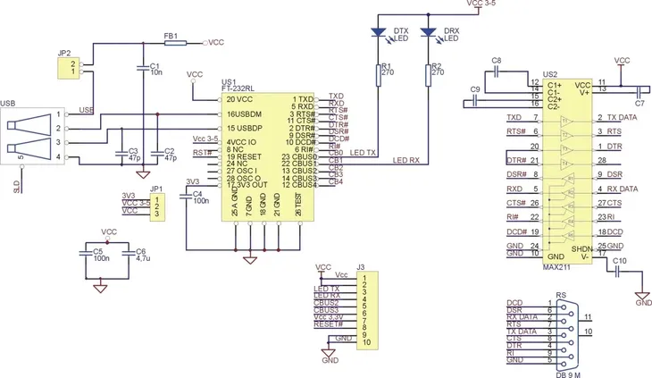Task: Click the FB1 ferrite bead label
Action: click(x=171, y=36)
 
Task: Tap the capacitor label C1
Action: click(x=155, y=65)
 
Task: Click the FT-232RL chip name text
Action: click(x=238, y=88)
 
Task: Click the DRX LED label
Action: click(x=451, y=31)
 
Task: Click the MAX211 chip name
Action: click(x=556, y=265)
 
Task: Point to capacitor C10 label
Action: click(x=620, y=260)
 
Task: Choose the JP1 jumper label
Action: click(x=156, y=189)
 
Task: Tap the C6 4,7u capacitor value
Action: click(x=141, y=259)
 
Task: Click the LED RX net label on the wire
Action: click(x=407, y=161)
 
